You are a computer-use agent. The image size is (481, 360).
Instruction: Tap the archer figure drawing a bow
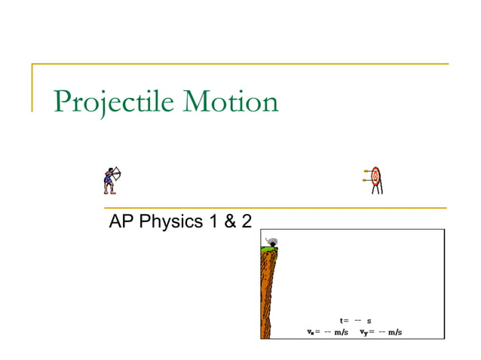click(x=112, y=179)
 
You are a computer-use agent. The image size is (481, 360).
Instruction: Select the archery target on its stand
click(x=375, y=180)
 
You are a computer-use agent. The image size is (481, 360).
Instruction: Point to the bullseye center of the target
click(x=376, y=175)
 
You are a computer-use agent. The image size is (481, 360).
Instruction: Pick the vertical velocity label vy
click(x=363, y=332)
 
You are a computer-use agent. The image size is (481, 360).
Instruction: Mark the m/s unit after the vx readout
click(x=341, y=332)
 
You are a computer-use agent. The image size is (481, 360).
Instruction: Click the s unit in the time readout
click(x=369, y=321)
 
